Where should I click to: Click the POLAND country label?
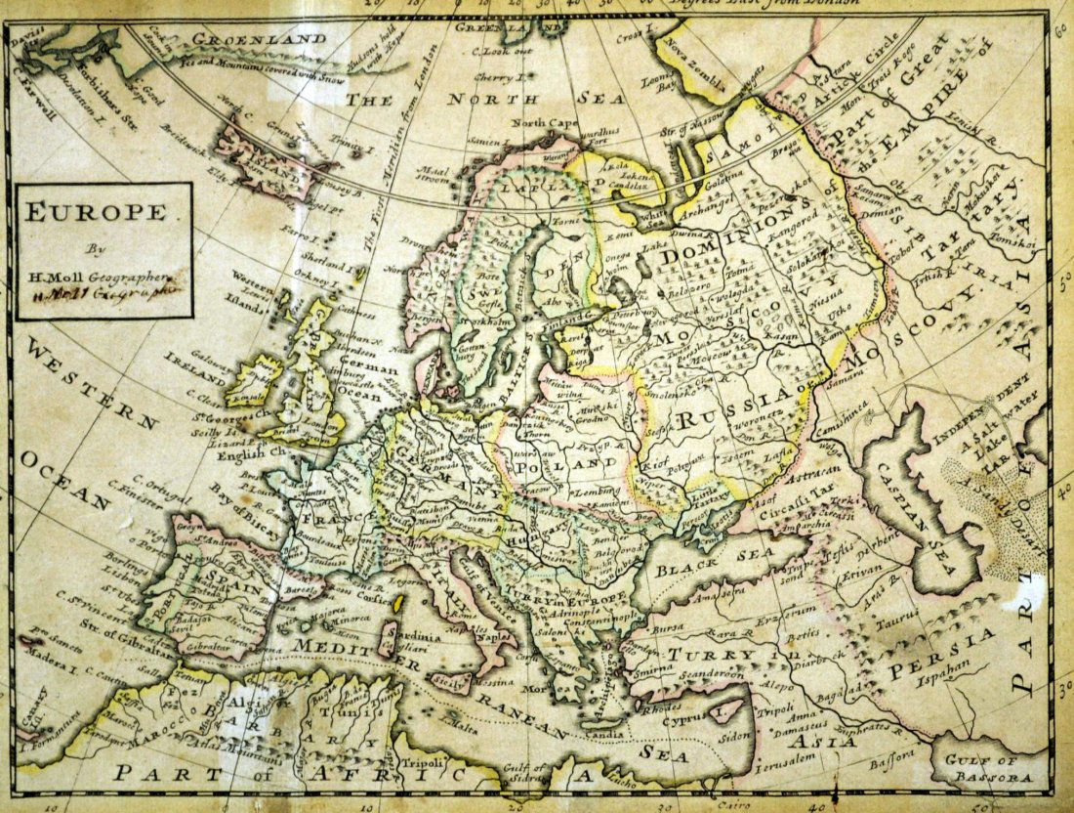coord(568,465)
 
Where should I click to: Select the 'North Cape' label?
coord(542,123)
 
